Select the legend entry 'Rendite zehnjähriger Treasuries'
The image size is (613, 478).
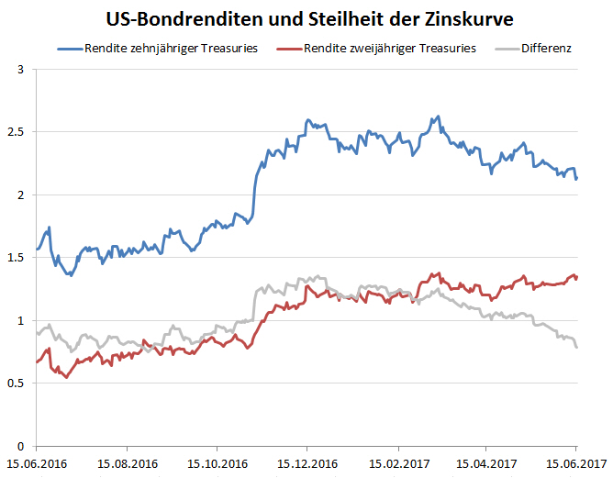(169, 48)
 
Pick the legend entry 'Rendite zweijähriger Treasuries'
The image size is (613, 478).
(391, 48)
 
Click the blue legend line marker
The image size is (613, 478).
(69, 48)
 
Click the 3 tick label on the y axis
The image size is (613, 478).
(22, 69)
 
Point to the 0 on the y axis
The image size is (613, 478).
(22, 446)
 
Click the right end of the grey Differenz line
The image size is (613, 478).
(577, 347)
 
